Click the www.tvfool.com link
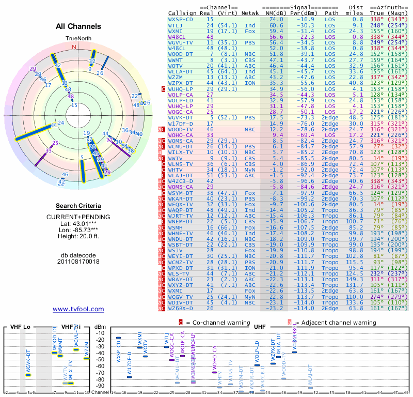pyautogui.click(x=78, y=309)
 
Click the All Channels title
pyautogui.click(x=78, y=26)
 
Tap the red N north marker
pyautogui.click(x=74, y=47)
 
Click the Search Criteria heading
pyautogui.click(x=78, y=206)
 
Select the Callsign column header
pyautogui.click(x=182, y=13)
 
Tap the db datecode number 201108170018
pyautogui.click(x=78, y=262)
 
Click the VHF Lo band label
pyautogui.click(x=19, y=327)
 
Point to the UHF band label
pyautogui.click(x=260, y=327)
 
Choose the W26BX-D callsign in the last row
pyautogui.click(x=181, y=308)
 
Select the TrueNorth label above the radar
pyautogui.click(x=78, y=39)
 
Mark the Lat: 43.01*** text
pyautogui.click(x=78, y=223)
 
